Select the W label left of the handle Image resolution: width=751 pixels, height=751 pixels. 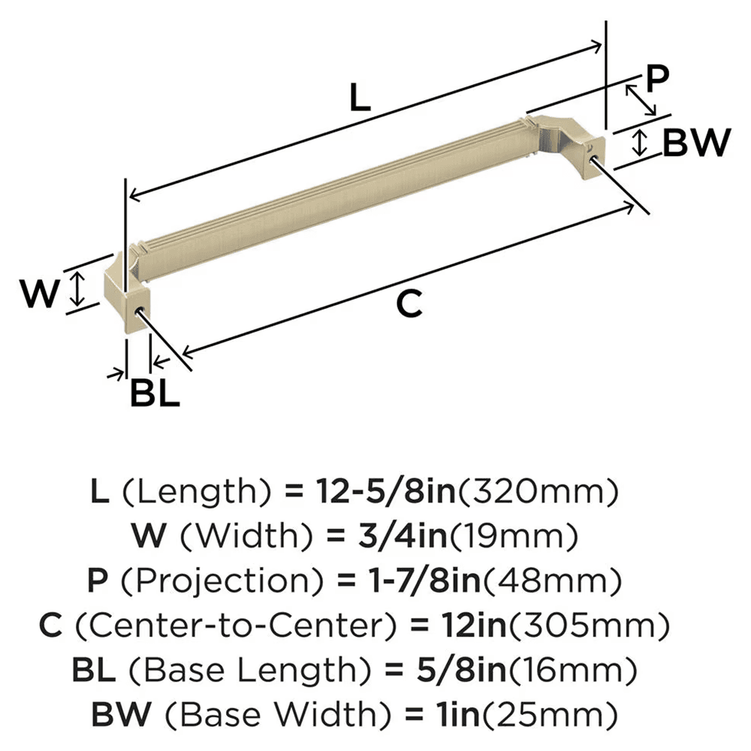[39, 294]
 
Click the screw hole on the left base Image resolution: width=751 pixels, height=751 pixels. [139, 310]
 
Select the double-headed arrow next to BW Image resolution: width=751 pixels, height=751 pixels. [639, 142]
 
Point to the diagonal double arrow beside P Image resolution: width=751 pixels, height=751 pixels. [639, 98]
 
